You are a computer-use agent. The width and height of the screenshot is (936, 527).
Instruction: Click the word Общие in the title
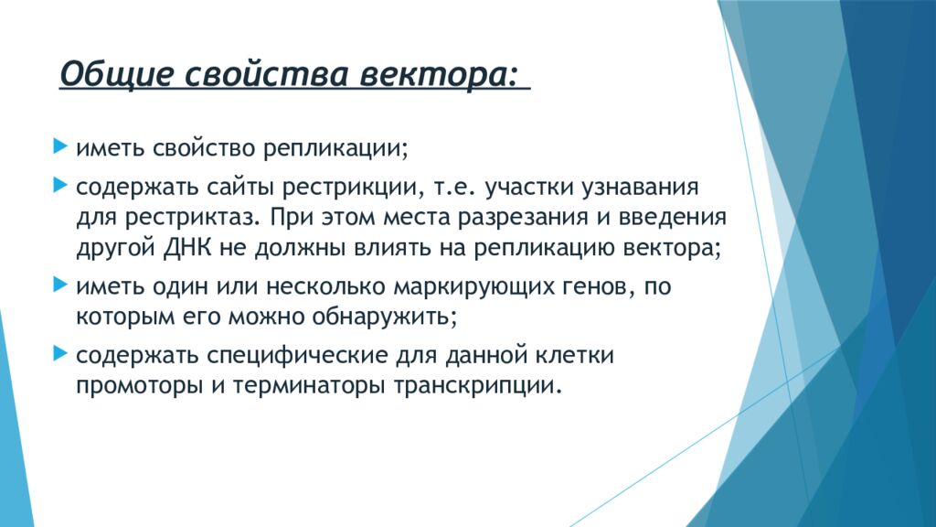pos(116,75)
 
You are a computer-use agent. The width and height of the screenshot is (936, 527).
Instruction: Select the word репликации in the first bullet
pos(335,148)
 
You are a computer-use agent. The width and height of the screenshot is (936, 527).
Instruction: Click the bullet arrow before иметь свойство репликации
pos(60,145)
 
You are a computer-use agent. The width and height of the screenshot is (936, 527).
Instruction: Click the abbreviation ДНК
pos(187,247)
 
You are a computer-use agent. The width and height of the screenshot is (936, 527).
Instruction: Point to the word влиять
pos(392,247)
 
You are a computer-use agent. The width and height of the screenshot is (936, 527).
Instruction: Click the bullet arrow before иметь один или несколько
pos(60,285)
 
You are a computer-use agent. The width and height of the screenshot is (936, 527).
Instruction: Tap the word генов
pos(598,287)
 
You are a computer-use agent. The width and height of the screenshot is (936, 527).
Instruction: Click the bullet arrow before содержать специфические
pos(60,353)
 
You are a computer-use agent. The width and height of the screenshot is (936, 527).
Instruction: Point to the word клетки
pos(574,356)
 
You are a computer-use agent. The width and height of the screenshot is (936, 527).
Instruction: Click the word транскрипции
pos(477,386)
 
